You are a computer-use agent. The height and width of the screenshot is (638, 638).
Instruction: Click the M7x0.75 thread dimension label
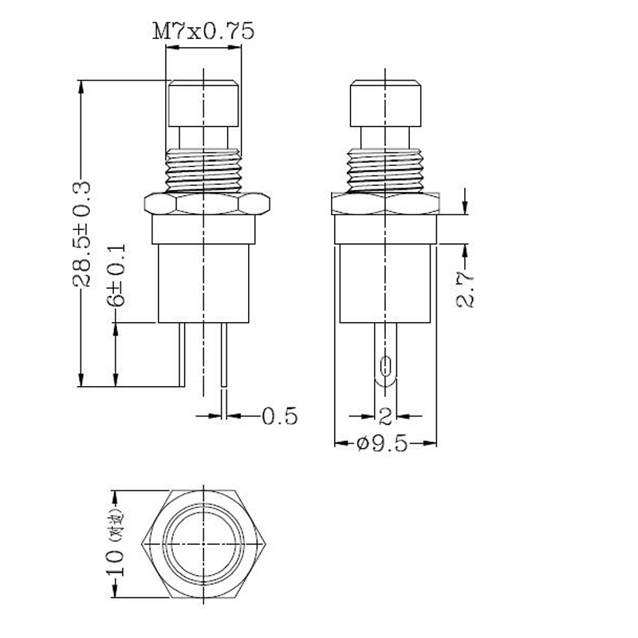tap(204, 31)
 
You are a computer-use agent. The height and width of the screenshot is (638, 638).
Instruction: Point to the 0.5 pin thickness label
tap(279, 415)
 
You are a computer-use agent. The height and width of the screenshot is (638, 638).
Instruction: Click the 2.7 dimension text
tap(467, 288)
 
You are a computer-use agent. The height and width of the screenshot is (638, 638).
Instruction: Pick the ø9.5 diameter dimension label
tap(382, 444)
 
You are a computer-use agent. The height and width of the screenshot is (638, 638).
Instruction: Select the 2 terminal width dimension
tap(385, 415)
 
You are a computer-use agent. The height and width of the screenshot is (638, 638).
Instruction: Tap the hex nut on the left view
tap(204, 204)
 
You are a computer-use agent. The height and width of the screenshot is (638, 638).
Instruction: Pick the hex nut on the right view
tap(385, 204)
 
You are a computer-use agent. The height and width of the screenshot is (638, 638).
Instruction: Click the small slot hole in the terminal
tap(386, 367)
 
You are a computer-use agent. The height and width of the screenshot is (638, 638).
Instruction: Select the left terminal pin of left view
tap(182, 355)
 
